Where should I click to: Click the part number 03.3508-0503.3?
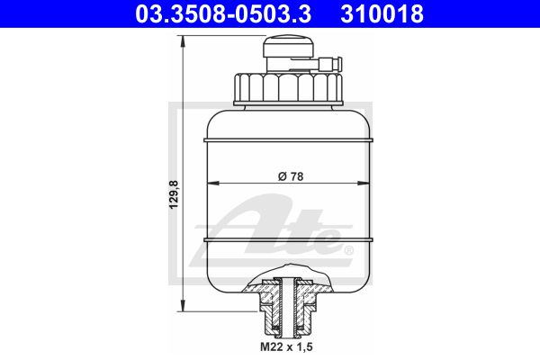(223, 13)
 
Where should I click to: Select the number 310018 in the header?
(382, 13)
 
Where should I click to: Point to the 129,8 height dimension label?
(174, 194)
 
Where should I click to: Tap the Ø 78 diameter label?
(291, 176)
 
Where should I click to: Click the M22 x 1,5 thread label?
(286, 346)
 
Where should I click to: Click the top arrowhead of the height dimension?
(183, 41)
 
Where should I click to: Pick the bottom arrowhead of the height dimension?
(183, 305)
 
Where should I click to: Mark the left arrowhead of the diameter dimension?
(213, 184)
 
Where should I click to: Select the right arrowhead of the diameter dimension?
(364, 184)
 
